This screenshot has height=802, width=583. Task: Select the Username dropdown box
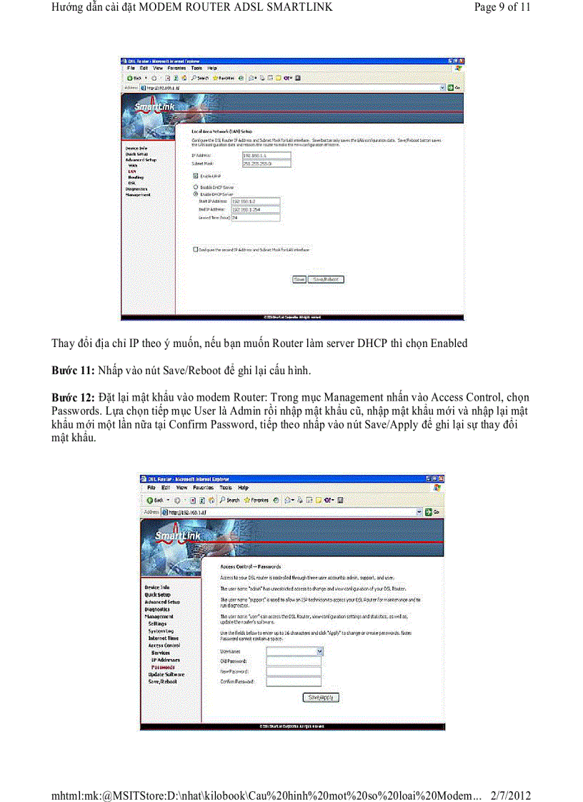(295, 651)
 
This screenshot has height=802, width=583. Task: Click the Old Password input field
(293, 661)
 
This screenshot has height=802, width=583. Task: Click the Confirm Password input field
(293, 682)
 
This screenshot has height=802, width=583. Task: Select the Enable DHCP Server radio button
(196, 194)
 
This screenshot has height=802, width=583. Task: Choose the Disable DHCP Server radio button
(196, 187)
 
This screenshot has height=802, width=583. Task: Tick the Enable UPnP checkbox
(196, 176)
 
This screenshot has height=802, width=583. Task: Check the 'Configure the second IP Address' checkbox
(196, 250)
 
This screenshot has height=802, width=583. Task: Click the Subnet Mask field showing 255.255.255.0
(266, 163)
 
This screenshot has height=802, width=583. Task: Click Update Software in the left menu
(166, 674)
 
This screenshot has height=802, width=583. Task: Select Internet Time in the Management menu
(164, 638)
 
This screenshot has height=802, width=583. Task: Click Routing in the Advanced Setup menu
(136, 177)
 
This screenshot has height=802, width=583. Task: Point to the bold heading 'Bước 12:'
(74, 397)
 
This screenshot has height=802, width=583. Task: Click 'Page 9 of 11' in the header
(502, 8)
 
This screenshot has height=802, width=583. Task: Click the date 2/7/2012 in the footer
(512, 795)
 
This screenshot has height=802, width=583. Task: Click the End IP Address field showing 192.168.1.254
(256, 209)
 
